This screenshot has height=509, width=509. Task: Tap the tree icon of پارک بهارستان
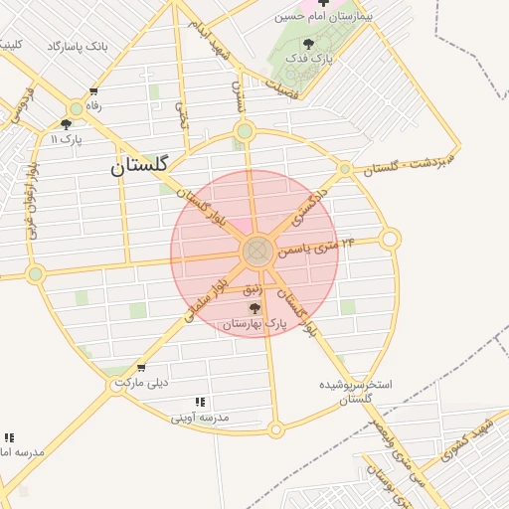click(254, 308)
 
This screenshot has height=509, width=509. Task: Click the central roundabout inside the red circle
click(255, 251)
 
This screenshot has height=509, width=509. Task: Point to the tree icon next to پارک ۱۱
click(66, 124)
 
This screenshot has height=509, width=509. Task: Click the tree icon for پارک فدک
click(309, 44)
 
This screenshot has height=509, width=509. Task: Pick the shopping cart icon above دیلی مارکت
click(141, 368)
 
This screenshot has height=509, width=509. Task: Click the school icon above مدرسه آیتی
click(200, 403)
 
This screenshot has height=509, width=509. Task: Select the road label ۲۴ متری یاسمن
click(316, 246)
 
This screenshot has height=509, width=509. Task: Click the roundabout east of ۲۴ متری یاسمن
click(390, 239)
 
